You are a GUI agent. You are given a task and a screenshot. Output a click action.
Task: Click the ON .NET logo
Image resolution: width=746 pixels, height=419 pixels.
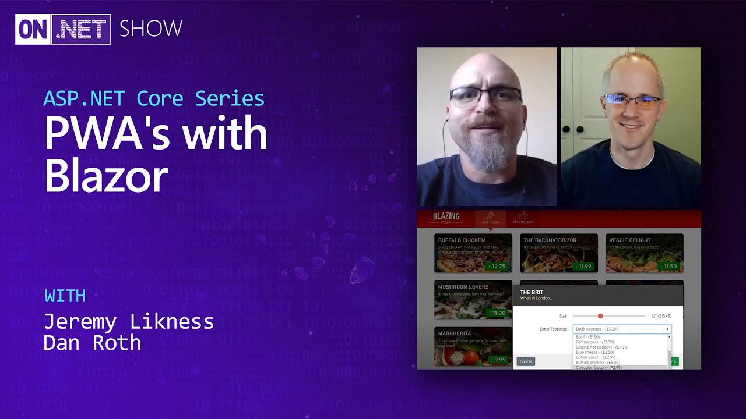tap(63, 29)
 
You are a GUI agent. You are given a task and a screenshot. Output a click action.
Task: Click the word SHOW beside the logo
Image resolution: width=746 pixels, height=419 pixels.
tap(151, 29)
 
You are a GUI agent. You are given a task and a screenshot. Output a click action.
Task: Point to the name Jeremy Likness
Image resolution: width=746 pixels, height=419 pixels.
tap(129, 321)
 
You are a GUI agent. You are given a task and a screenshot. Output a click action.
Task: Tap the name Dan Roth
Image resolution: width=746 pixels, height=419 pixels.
tap(92, 343)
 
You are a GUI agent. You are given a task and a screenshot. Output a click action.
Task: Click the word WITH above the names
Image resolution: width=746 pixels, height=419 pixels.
tap(65, 296)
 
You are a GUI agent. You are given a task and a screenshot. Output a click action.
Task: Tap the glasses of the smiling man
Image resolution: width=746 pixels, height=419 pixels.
tap(632, 101)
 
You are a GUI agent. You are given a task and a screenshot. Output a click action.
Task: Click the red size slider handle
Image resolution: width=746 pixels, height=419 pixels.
tap(600, 316)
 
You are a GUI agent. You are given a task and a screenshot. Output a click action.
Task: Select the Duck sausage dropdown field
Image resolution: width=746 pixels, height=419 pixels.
tap(621, 329)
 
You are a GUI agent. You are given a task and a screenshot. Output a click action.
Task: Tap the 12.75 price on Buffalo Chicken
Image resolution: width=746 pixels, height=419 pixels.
tap(498, 267)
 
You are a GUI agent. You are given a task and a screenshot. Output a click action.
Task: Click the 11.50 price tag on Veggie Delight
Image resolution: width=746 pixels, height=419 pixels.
tap(670, 267)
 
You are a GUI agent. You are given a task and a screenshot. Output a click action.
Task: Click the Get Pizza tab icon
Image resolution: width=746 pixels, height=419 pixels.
tap(490, 216)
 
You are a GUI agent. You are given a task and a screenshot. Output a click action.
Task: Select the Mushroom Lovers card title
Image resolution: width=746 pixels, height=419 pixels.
tap(463, 287)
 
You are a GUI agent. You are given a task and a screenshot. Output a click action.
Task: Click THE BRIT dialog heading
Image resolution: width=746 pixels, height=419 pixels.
tap(532, 292)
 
